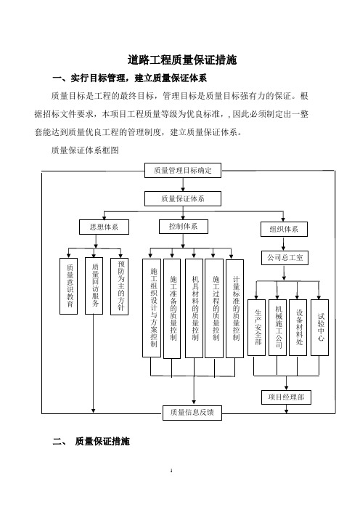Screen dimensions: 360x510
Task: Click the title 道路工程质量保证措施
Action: pyautogui.click(x=182, y=60)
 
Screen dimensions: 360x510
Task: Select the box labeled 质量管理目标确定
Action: pyautogui.click(x=183, y=170)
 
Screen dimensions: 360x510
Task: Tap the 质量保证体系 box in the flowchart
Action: pyautogui.click(x=183, y=198)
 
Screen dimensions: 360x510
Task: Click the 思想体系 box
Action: pyautogui.click(x=104, y=227)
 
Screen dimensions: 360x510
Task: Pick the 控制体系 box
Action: pyautogui.click(x=183, y=227)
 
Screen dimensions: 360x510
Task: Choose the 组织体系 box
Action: pyautogui.click(x=284, y=229)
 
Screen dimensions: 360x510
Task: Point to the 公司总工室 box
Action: pyautogui.click(x=285, y=258)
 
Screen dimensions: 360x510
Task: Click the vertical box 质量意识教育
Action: pyautogui.click(x=68, y=286)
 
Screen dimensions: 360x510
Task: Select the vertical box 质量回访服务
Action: pyautogui.click(x=94, y=286)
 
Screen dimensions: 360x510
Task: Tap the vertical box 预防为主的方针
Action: pyautogui.click(x=119, y=286)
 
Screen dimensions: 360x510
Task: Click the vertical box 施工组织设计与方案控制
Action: pyautogui.click(x=152, y=308)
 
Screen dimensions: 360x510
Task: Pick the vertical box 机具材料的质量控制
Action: pyautogui.click(x=194, y=308)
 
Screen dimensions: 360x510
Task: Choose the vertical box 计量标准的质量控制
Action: pyautogui.click(x=234, y=308)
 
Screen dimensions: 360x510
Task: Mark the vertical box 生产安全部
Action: pyautogui.click(x=256, y=328)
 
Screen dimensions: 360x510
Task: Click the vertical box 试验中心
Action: pyautogui.click(x=319, y=328)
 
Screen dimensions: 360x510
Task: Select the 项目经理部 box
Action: pyautogui.click(x=286, y=397)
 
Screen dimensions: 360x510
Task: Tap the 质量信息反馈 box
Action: pyautogui.click(x=192, y=413)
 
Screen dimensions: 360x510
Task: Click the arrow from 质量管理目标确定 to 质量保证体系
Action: pyautogui.click(x=183, y=185)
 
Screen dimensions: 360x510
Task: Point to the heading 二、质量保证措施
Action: pyautogui.click(x=91, y=442)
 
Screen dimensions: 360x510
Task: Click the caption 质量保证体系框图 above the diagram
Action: pyautogui.click(x=85, y=150)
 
